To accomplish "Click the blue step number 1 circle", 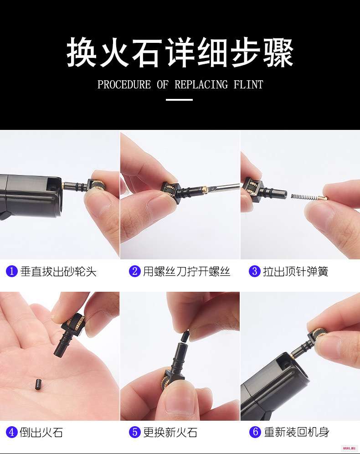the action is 11,271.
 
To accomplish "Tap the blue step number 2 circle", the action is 134,271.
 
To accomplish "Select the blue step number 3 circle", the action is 255,271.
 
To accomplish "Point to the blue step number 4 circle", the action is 11,432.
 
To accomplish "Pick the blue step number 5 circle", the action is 134,432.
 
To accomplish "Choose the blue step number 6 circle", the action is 255,432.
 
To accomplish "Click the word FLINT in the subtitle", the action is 248,84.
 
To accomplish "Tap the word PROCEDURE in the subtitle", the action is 124,84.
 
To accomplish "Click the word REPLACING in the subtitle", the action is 201,84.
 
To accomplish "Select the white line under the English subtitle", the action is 179,100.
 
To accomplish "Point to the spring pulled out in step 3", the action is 304,197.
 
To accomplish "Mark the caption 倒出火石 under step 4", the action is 41,432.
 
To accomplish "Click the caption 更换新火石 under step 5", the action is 170,432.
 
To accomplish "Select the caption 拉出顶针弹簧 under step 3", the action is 295,272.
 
